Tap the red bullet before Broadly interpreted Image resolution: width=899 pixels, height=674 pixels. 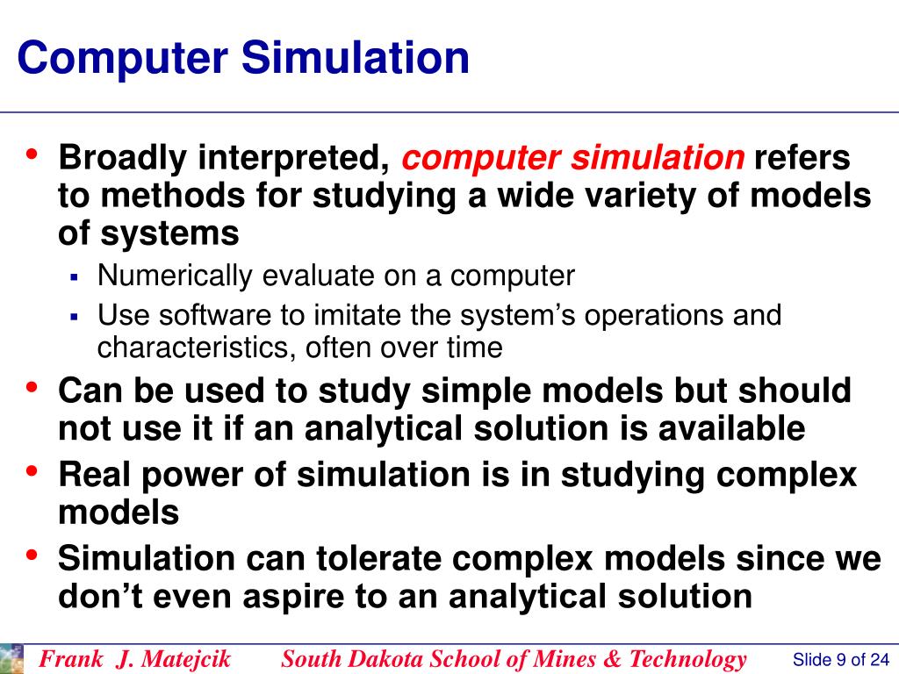click(32, 154)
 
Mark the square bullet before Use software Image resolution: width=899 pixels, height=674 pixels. click(75, 316)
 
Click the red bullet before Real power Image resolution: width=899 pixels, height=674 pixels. click(32, 470)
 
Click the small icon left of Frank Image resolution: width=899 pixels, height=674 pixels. click(11, 658)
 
